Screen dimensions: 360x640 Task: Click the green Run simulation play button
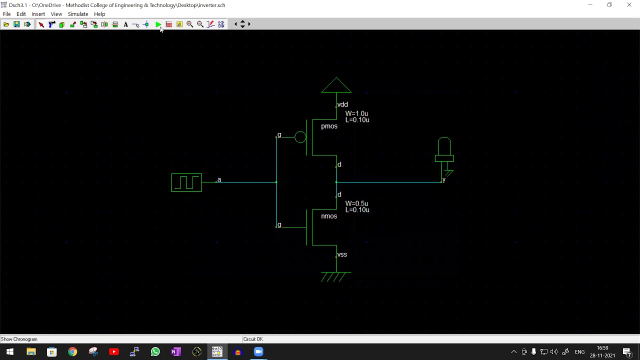click(158, 24)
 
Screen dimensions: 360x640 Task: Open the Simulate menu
click(77, 14)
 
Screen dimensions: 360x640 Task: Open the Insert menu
click(38, 14)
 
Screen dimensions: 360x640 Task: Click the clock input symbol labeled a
click(186, 182)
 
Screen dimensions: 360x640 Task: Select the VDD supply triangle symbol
click(336, 85)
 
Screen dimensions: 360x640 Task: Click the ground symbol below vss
click(335, 276)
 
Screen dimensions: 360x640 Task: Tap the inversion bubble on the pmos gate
click(300, 137)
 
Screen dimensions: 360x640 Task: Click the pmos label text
click(329, 126)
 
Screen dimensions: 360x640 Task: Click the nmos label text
click(329, 216)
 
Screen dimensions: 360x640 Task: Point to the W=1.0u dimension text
click(356, 114)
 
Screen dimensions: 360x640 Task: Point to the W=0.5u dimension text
click(356, 204)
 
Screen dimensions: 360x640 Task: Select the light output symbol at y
click(444, 152)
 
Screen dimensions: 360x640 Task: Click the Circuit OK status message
click(253, 339)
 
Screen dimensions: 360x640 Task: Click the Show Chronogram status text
click(19, 339)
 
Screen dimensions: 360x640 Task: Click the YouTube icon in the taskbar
click(113, 352)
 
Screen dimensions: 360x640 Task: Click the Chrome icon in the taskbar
click(72, 352)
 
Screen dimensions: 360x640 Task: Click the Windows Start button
click(10, 352)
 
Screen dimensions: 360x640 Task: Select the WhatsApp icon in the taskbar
click(155, 352)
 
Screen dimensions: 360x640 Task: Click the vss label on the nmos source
click(342, 255)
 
